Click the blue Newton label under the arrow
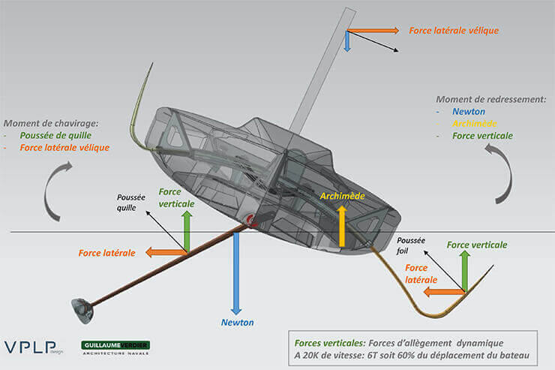click(x=237, y=323)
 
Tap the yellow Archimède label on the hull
click(x=343, y=196)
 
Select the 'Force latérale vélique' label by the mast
click(x=454, y=31)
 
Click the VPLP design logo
click(x=34, y=347)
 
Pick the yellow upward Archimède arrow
click(x=342, y=225)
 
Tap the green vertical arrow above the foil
click(x=464, y=271)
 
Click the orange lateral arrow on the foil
click(x=442, y=290)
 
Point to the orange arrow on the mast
click(x=373, y=32)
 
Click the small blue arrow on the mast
click(x=347, y=42)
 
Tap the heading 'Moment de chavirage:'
click(x=51, y=123)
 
